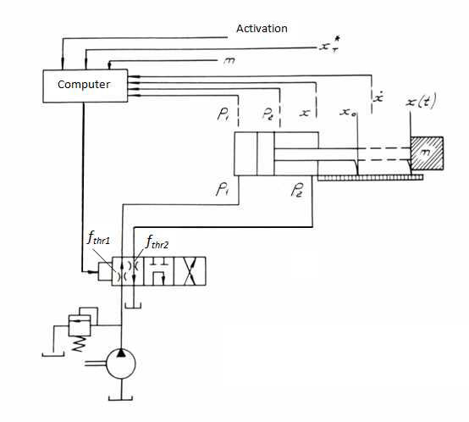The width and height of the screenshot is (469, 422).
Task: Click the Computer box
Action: tap(86, 86)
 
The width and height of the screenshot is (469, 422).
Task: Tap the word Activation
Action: tap(262, 29)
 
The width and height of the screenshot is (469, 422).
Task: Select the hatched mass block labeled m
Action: tap(427, 153)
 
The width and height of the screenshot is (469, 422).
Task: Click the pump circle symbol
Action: tap(121, 364)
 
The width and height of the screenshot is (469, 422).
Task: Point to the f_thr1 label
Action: tap(98, 238)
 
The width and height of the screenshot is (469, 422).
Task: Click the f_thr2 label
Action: tap(157, 242)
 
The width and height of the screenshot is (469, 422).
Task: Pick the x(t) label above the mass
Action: tap(421, 101)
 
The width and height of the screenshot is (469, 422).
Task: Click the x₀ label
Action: tap(348, 112)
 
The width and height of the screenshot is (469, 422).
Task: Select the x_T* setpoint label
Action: tap(330, 45)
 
